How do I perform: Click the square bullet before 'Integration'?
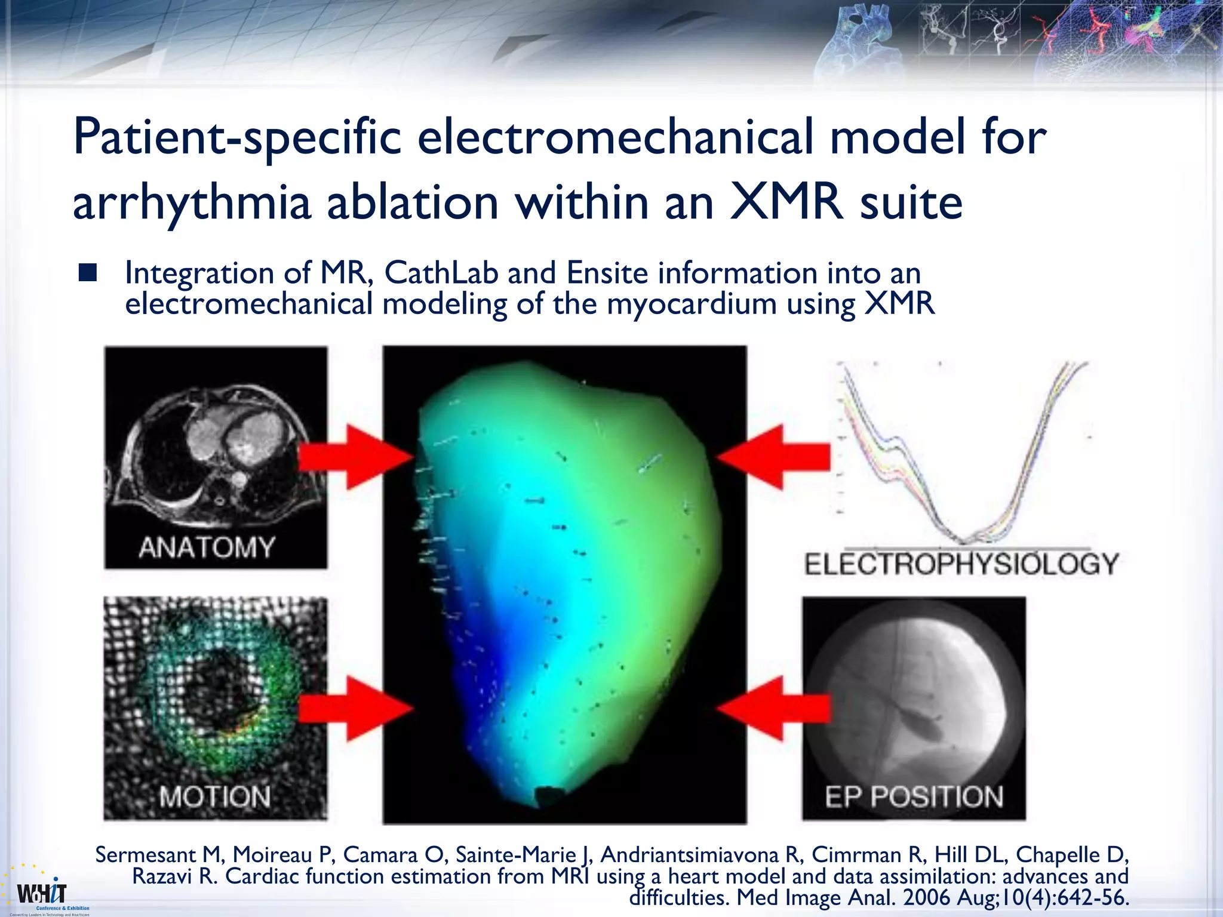point(87,273)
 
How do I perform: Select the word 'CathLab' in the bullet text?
point(441,273)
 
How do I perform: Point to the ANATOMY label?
point(207,547)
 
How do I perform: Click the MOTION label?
point(215,797)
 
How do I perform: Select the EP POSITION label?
point(914,797)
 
